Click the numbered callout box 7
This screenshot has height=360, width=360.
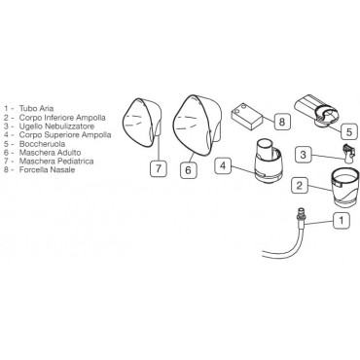coord(159,168)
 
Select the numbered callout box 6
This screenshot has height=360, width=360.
coord(188,169)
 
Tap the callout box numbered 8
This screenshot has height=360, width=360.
coord(281,122)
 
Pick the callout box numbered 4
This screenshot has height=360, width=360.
coord(223,165)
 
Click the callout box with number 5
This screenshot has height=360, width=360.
coord(349,131)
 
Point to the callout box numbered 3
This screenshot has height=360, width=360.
coord(303,154)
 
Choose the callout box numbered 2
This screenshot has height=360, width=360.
coord(299,185)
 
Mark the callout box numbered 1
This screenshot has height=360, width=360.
coord(342,221)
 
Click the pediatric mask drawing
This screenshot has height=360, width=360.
coord(142,124)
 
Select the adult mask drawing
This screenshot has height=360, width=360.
coord(197,126)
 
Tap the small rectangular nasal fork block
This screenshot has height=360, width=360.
coord(246,116)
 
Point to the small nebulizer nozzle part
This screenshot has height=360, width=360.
coord(347,153)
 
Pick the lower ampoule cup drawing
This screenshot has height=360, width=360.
coord(343,189)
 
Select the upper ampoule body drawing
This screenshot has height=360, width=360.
coord(268,160)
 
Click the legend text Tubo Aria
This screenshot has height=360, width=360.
coord(36,108)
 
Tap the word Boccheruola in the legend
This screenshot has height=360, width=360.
coord(42,144)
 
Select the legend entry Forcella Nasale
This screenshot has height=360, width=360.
coord(47,169)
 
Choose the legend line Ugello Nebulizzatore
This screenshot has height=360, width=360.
coord(56,126)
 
